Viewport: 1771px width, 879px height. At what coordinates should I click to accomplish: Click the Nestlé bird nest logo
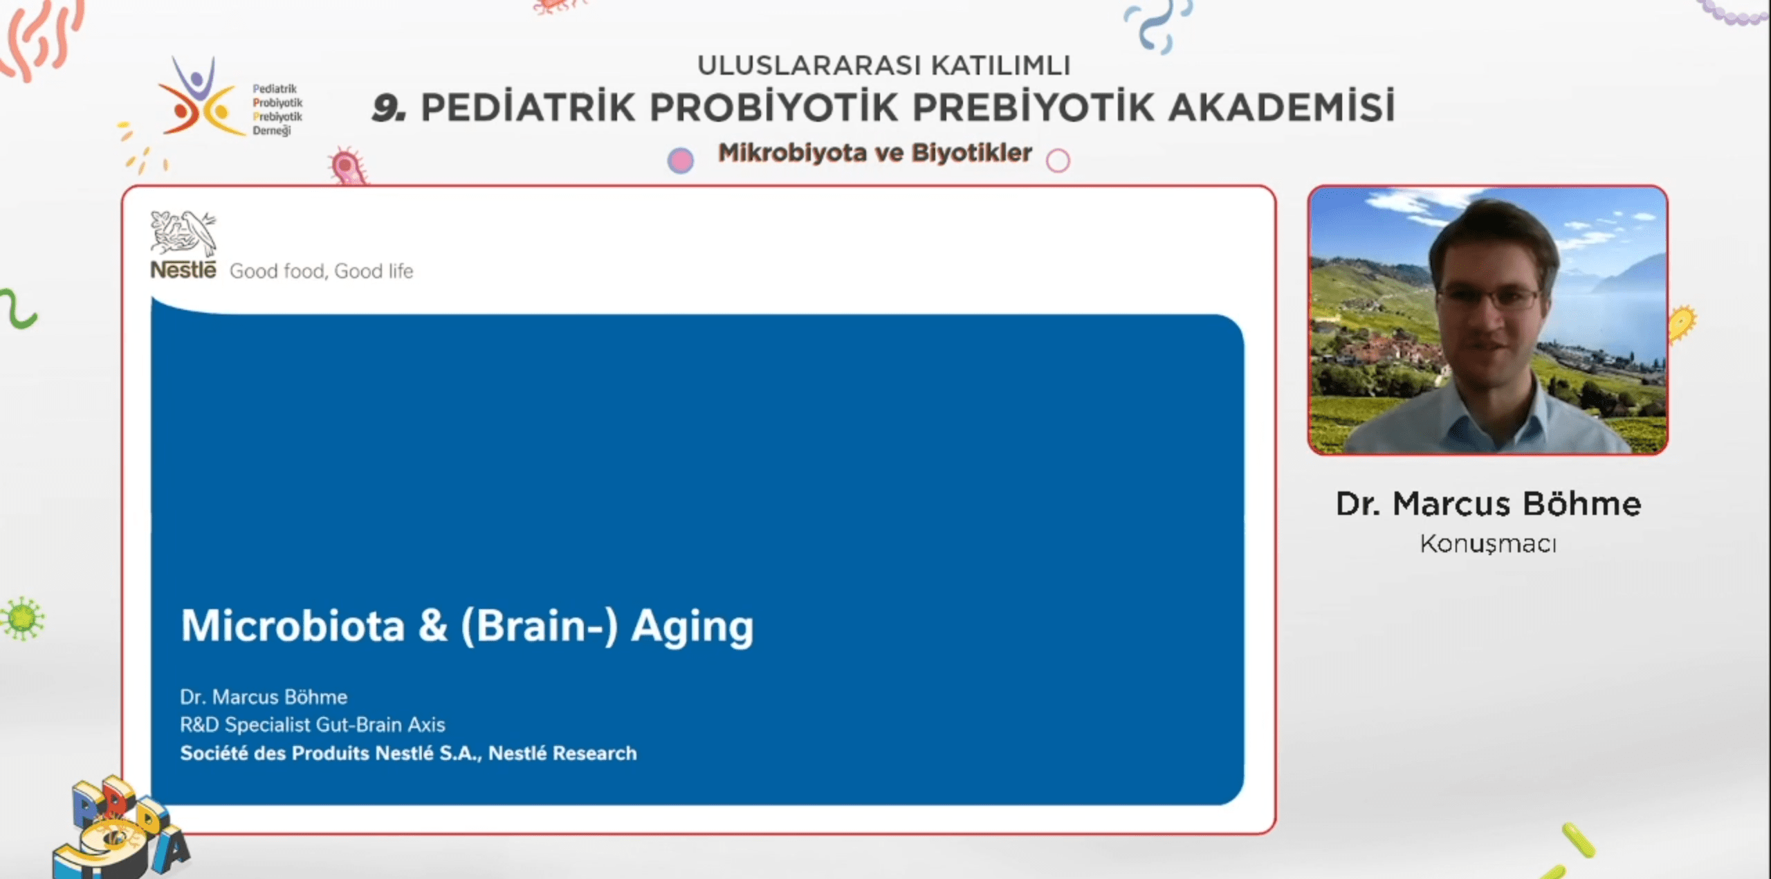coord(183,233)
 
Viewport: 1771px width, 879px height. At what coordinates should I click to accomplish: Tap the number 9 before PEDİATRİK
coord(389,108)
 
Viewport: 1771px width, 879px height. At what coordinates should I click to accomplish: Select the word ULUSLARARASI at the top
coord(809,66)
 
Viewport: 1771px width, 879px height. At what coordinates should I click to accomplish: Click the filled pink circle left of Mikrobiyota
coord(681,161)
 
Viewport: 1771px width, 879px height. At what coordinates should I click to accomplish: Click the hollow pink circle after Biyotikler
coord(1058,161)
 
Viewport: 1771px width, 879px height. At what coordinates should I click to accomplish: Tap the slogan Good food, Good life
coord(322,271)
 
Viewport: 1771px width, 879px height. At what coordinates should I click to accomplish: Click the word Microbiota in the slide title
coord(293,626)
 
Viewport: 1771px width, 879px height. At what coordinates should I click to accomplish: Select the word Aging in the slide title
coord(692,627)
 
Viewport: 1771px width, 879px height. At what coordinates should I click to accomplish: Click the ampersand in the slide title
coord(433,626)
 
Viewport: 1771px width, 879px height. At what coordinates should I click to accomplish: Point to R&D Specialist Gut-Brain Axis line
coord(313,725)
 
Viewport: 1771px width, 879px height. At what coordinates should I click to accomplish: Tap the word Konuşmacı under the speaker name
coord(1488,544)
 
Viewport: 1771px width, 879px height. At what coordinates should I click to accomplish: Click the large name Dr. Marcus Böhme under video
coord(1488,504)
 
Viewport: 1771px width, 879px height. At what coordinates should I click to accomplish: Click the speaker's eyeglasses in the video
coord(1489,299)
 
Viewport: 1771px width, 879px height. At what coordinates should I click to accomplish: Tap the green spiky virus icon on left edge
coord(22,618)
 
